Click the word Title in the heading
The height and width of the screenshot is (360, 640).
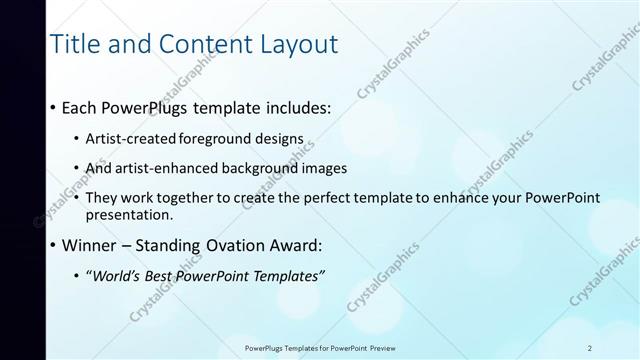tap(73, 44)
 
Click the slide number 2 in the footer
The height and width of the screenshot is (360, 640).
tap(590, 347)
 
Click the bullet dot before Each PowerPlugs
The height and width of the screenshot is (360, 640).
tap(53, 107)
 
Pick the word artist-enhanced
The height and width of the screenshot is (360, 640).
tap(170, 168)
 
